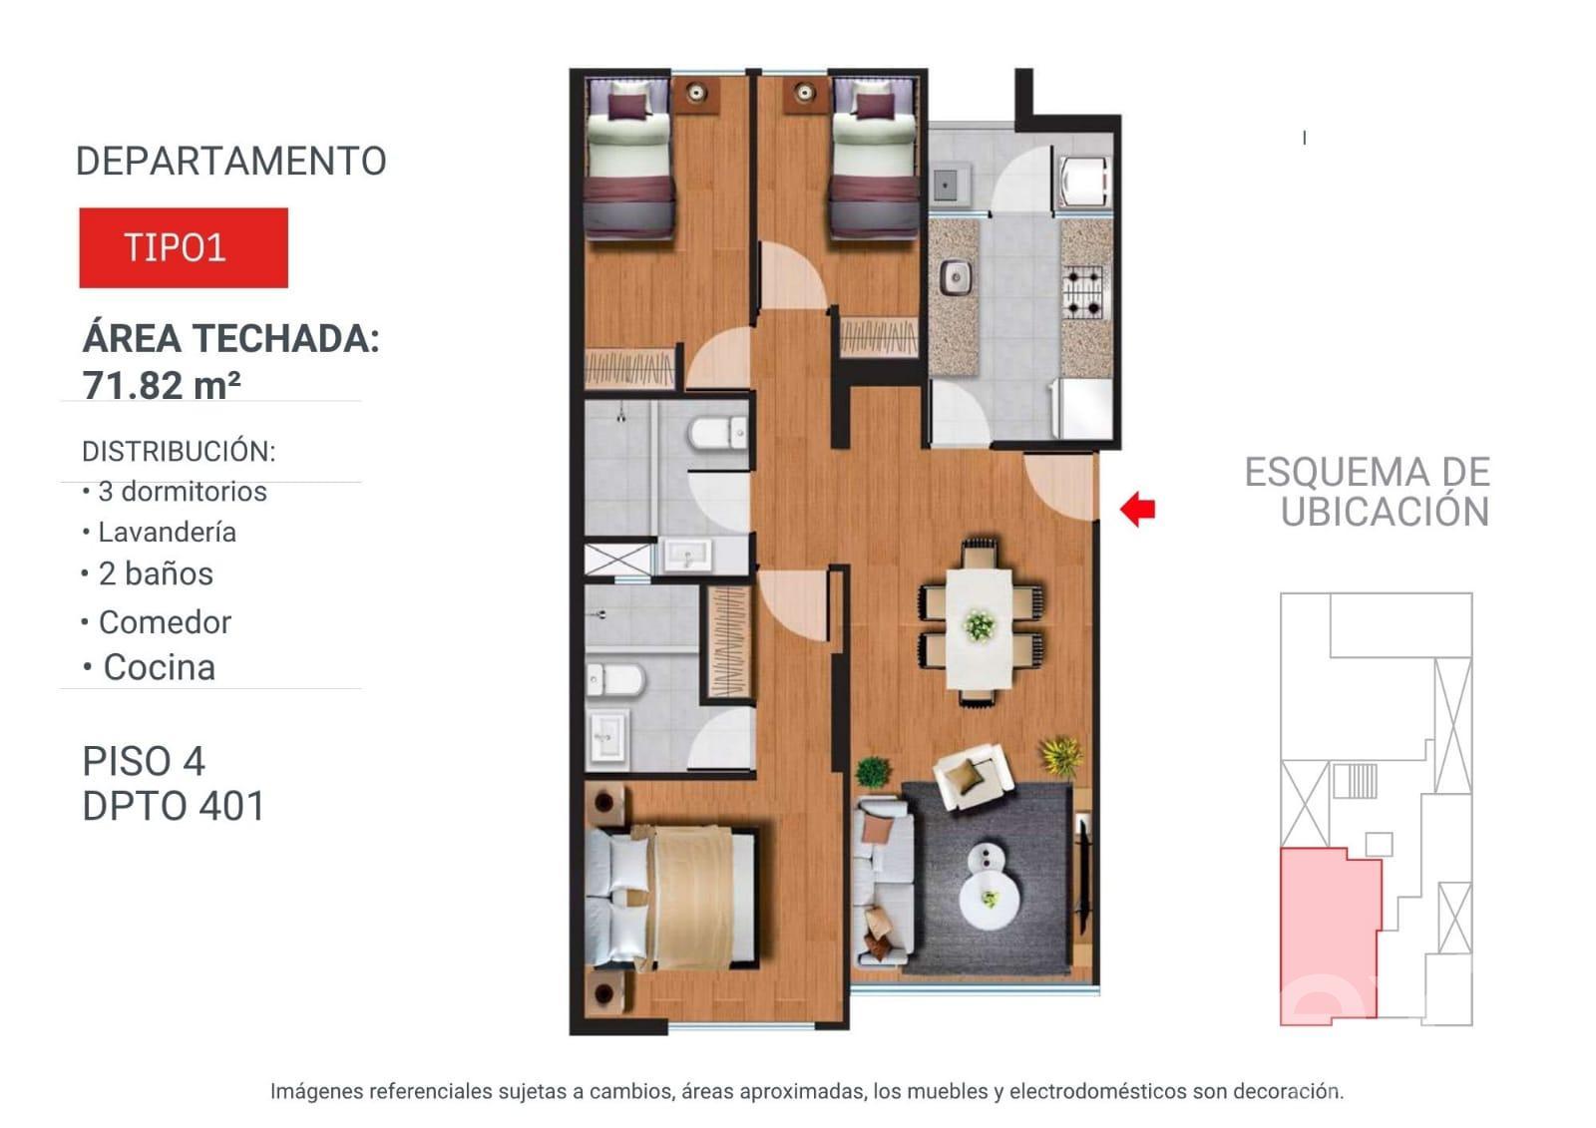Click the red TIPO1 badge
coord(184,248)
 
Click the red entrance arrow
coord(1138,509)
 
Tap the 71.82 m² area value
coord(162,385)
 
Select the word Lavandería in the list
coord(167,533)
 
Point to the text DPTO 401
coord(174,806)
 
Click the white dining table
coord(979,628)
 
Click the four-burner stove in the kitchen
coord(1083,291)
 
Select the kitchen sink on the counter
coord(955,278)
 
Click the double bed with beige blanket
coord(669,898)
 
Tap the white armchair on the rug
coord(973,776)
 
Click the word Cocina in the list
coord(159,667)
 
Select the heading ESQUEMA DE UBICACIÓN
coord(1368,492)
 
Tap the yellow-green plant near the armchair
coord(1061,755)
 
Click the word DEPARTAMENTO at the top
coord(230,161)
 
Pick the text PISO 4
coord(144,761)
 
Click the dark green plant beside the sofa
coord(874,771)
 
